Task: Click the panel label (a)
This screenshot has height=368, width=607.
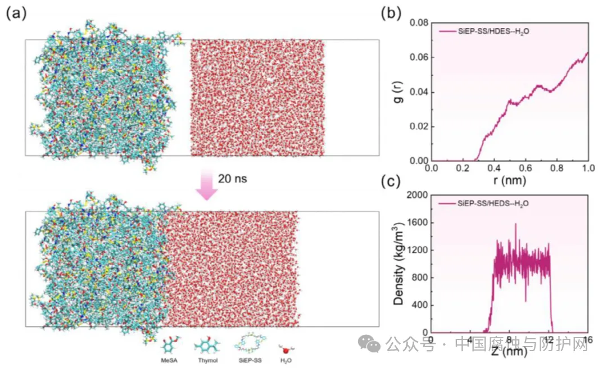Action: (16, 13)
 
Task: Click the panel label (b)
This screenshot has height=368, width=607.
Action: (392, 13)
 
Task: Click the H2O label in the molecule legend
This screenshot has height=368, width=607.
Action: (286, 360)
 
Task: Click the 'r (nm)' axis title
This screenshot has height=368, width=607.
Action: (509, 181)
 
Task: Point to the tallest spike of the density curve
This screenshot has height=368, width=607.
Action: (515, 225)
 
